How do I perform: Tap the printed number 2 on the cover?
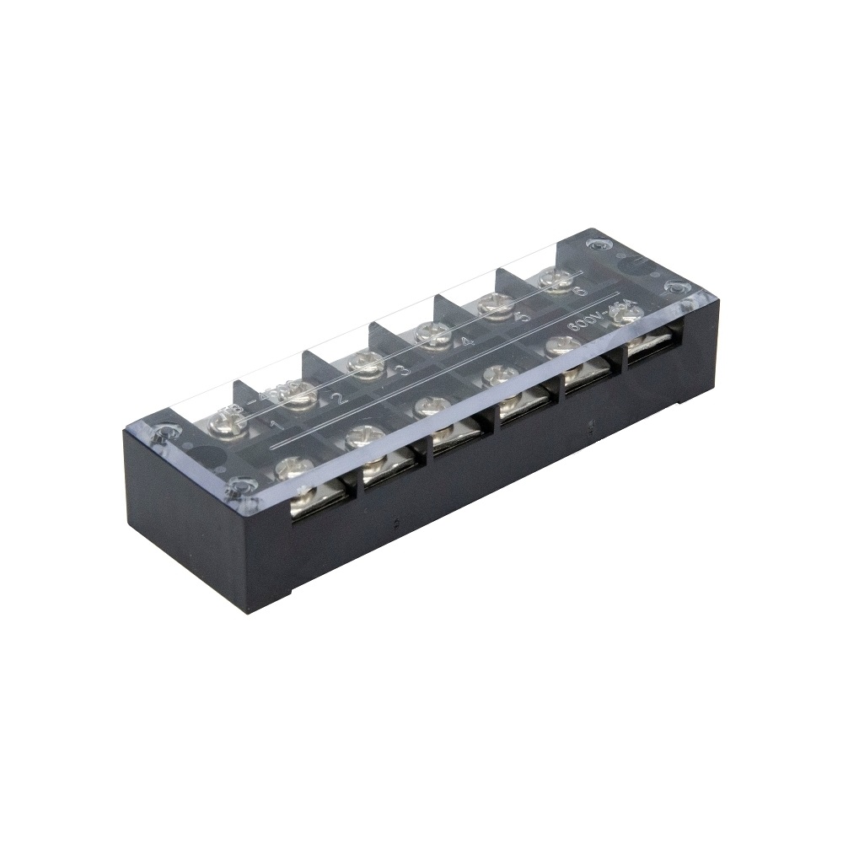click(338, 399)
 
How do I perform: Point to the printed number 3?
click(404, 369)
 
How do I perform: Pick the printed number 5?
click(523, 318)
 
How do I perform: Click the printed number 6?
click(578, 292)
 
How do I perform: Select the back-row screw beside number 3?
click(367, 365)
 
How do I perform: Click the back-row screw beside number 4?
click(432, 336)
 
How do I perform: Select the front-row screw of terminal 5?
click(562, 346)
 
